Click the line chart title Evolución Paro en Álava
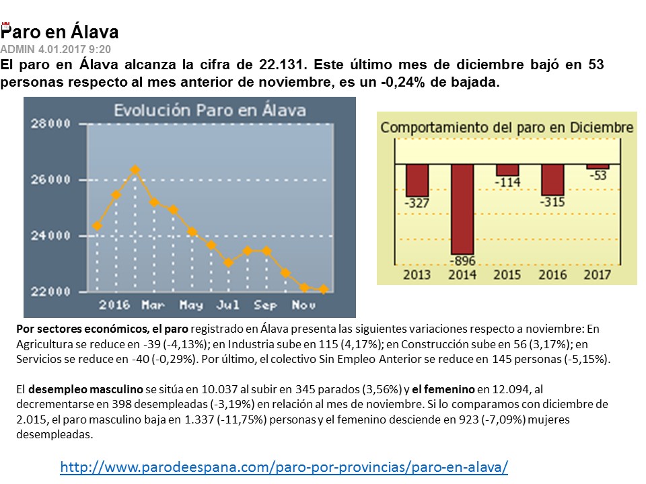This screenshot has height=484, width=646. point(209,110)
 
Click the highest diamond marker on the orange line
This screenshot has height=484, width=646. point(135,169)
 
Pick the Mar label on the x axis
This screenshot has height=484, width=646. point(153,305)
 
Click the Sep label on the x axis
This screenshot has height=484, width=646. point(265,305)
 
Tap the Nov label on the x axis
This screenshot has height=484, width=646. point(303,305)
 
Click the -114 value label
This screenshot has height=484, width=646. point(507,182)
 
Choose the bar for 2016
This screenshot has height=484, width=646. point(553,179)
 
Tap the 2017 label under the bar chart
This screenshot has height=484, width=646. point(598,274)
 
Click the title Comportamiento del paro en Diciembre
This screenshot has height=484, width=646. point(507,127)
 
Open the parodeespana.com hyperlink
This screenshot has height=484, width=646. point(283,466)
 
